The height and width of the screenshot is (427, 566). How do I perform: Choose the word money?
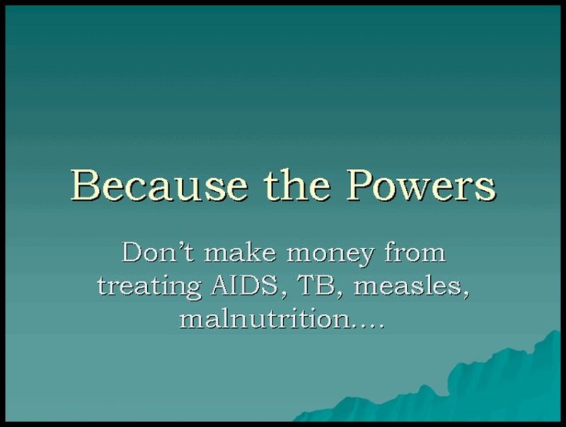(x=330, y=255)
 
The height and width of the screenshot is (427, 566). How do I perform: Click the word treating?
(x=149, y=288)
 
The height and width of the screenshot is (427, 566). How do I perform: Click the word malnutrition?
(x=265, y=318)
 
